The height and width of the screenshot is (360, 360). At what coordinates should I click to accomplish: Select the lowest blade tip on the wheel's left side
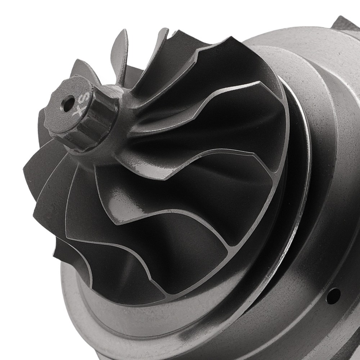(58, 248)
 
